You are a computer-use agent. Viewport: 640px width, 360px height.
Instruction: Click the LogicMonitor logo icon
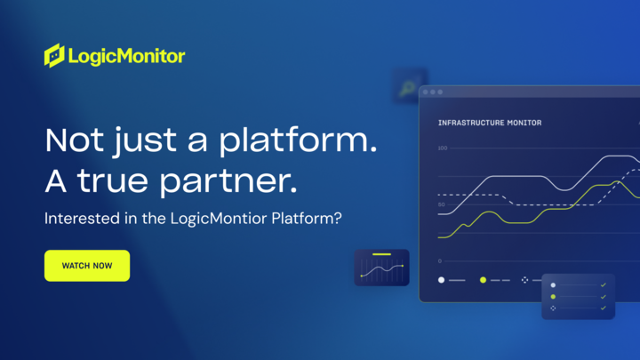[54, 55]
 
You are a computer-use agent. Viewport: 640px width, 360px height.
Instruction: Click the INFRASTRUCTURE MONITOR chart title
[490, 123]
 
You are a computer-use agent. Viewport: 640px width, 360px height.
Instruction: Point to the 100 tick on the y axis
[442, 148]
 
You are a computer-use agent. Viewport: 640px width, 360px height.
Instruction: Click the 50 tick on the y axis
[441, 204]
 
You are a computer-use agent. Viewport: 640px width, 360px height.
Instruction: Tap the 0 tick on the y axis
[439, 261]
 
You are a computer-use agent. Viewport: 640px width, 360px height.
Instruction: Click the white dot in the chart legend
[441, 280]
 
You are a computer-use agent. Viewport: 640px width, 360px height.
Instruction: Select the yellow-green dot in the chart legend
[483, 280]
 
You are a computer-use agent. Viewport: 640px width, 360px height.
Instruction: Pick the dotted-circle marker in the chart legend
[524, 280]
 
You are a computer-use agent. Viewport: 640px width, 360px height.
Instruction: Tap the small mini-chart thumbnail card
[381, 267]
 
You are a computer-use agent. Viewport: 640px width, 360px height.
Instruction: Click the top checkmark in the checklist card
[603, 285]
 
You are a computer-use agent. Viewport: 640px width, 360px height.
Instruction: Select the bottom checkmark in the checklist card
[603, 308]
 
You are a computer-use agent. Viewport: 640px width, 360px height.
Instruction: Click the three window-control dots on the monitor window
[433, 92]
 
